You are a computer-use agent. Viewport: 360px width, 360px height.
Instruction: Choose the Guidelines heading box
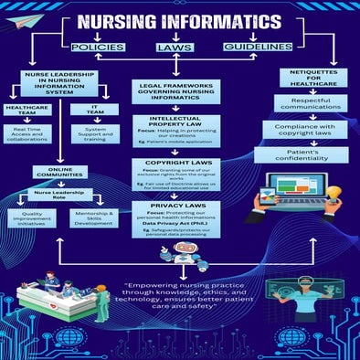tap(258, 46)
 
